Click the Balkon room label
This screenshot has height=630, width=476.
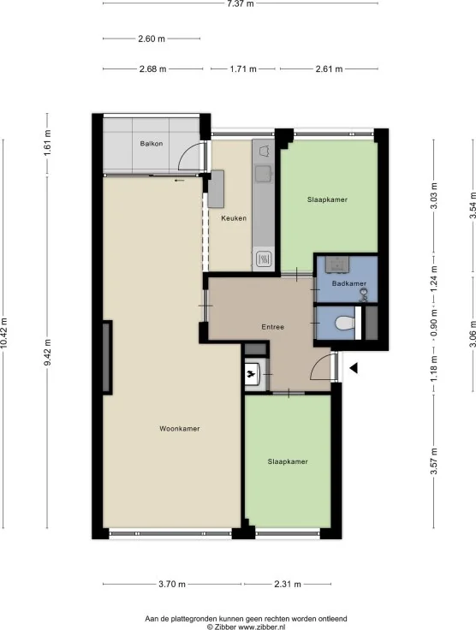click(152, 144)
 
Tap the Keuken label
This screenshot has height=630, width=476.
click(234, 218)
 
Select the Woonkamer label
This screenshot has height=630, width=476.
click(180, 429)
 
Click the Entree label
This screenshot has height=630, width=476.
click(273, 327)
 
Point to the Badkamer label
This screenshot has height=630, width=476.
click(349, 283)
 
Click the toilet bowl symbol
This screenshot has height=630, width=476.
click(345, 323)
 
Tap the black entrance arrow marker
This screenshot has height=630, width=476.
click(354, 368)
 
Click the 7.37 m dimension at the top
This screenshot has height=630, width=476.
click(241, 4)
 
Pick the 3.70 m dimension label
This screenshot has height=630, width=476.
click(172, 584)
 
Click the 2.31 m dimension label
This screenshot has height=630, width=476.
click(288, 584)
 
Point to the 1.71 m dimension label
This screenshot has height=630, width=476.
click(243, 69)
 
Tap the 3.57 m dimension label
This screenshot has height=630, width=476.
click(434, 461)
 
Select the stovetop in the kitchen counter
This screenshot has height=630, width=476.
click(264, 259)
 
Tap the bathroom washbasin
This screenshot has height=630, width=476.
click(337, 264)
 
